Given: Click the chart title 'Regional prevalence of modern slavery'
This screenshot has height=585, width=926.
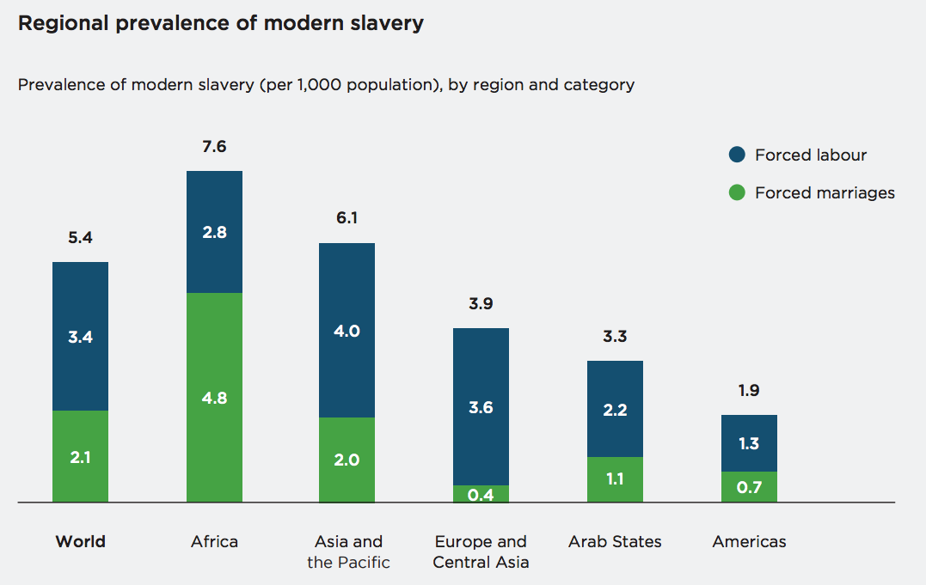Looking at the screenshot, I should tap(221, 24).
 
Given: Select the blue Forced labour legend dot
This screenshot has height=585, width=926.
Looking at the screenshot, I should tap(737, 155).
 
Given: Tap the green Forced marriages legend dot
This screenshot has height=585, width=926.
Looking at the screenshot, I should tap(737, 193).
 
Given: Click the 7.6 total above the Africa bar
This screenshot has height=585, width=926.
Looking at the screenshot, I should tap(214, 147).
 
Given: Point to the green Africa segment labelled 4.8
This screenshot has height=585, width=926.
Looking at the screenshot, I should tap(214, 398).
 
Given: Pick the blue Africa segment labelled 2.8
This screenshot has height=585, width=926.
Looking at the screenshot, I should tap(214, 232).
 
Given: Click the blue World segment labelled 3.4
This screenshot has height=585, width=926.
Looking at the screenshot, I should tap(80, 337).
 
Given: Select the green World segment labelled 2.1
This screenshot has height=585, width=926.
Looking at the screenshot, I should tap(80, 457).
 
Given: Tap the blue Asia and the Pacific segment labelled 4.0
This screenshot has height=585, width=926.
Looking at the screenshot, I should tap(346, 331).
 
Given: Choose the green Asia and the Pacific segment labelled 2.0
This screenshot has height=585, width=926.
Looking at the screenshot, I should tap(346, 460).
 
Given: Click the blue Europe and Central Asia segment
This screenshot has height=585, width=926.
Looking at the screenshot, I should tap(481, 407).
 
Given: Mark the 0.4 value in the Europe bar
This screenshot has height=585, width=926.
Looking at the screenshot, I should tap(481, 495).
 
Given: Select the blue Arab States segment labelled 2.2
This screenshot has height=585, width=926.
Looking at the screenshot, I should tap(615, 410).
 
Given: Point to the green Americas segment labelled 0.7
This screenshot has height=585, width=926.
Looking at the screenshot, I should tap(749, 487).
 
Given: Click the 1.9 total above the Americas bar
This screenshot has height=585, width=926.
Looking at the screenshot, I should tap(749, 391).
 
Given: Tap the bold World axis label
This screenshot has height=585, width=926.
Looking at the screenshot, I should tap(80, 542).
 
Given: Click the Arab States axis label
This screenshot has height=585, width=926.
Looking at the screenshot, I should tap(615, 542).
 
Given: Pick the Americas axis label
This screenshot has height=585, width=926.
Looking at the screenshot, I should tap(749, 542).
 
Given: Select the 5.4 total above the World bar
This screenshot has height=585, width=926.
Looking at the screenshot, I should tap(80, 238).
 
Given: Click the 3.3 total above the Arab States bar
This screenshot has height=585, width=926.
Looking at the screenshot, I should tap(615, 337).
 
